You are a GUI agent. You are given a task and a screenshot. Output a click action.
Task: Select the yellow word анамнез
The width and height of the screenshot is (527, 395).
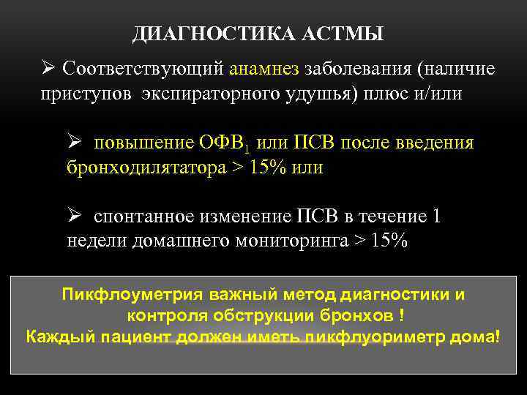coord(264,69)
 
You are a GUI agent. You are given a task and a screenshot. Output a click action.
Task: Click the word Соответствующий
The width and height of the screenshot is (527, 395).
coord(144,69)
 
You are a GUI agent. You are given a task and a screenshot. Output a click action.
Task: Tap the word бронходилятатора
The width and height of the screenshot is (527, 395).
coord(146,168)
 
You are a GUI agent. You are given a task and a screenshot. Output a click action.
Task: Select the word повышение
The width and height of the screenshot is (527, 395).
coord(134,142)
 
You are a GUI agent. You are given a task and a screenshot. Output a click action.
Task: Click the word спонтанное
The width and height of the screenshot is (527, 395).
coord(143,217)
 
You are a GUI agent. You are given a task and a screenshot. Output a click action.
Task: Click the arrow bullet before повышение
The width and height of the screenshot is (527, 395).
coord(73,141)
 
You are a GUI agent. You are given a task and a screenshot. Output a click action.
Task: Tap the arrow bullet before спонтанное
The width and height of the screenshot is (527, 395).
coord(73,216)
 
